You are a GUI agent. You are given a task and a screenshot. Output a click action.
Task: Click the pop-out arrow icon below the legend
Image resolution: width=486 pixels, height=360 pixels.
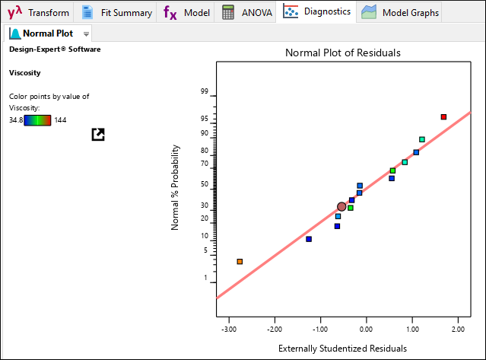(97, 134)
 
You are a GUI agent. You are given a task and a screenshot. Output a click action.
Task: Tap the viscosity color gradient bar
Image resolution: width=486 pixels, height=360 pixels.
(37, 119)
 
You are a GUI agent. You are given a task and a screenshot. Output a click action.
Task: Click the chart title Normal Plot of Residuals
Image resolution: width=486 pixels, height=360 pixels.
(343, 53)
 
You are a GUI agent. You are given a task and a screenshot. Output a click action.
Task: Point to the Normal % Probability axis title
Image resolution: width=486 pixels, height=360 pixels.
(175, 188)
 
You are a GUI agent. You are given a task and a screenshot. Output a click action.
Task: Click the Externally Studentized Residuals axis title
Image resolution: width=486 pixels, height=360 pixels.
(342, 349)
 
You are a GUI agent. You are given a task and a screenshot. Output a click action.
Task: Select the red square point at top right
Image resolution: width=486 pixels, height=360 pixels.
(443, 116)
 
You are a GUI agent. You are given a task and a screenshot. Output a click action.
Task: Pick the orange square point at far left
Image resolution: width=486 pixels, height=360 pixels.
(240, 261)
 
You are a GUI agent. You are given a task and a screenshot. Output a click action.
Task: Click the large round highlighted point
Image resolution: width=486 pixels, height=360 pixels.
(342, 206)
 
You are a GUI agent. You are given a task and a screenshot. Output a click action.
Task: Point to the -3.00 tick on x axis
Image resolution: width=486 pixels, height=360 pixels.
(228, 330)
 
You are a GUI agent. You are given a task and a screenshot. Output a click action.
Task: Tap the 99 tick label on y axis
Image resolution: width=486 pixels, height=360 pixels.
(204, 91)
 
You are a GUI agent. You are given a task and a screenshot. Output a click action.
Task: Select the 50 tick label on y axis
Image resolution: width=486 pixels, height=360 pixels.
(204, 183)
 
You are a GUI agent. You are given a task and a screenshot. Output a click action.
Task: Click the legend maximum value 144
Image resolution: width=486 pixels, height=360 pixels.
(61, 119)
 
